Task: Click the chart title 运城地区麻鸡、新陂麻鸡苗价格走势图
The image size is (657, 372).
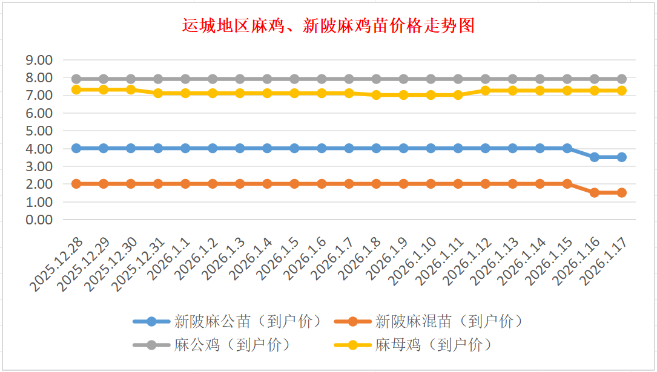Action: tap(328, 26)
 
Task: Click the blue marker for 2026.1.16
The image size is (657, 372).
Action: tap(595, 157)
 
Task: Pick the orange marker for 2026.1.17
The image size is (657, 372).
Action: tap(622, 192)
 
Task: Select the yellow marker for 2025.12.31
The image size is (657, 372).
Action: tap(158, 93)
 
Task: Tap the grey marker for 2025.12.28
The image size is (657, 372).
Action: tap(76, 79)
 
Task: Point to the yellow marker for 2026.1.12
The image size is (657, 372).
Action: tap(486, 90)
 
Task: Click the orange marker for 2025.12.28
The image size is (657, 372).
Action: tap(76, 184)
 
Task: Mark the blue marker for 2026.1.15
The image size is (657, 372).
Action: tap(567, 148)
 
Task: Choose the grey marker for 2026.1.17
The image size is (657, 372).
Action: tap(622, 79)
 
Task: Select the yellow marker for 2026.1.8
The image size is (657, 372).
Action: tap(376, 95)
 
